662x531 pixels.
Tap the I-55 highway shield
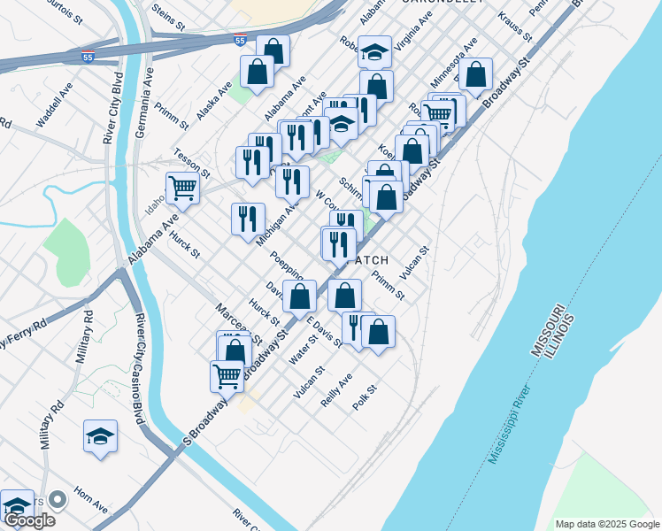point(241,41)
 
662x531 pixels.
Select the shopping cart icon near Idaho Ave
point(181,187)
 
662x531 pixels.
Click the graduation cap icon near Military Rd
point(100,435)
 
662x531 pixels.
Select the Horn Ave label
point(90,500)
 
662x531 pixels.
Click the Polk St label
point(366,395)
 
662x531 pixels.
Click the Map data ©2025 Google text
point(607,524)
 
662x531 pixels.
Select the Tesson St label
point(191,161)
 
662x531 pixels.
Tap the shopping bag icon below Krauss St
point(476,76)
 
